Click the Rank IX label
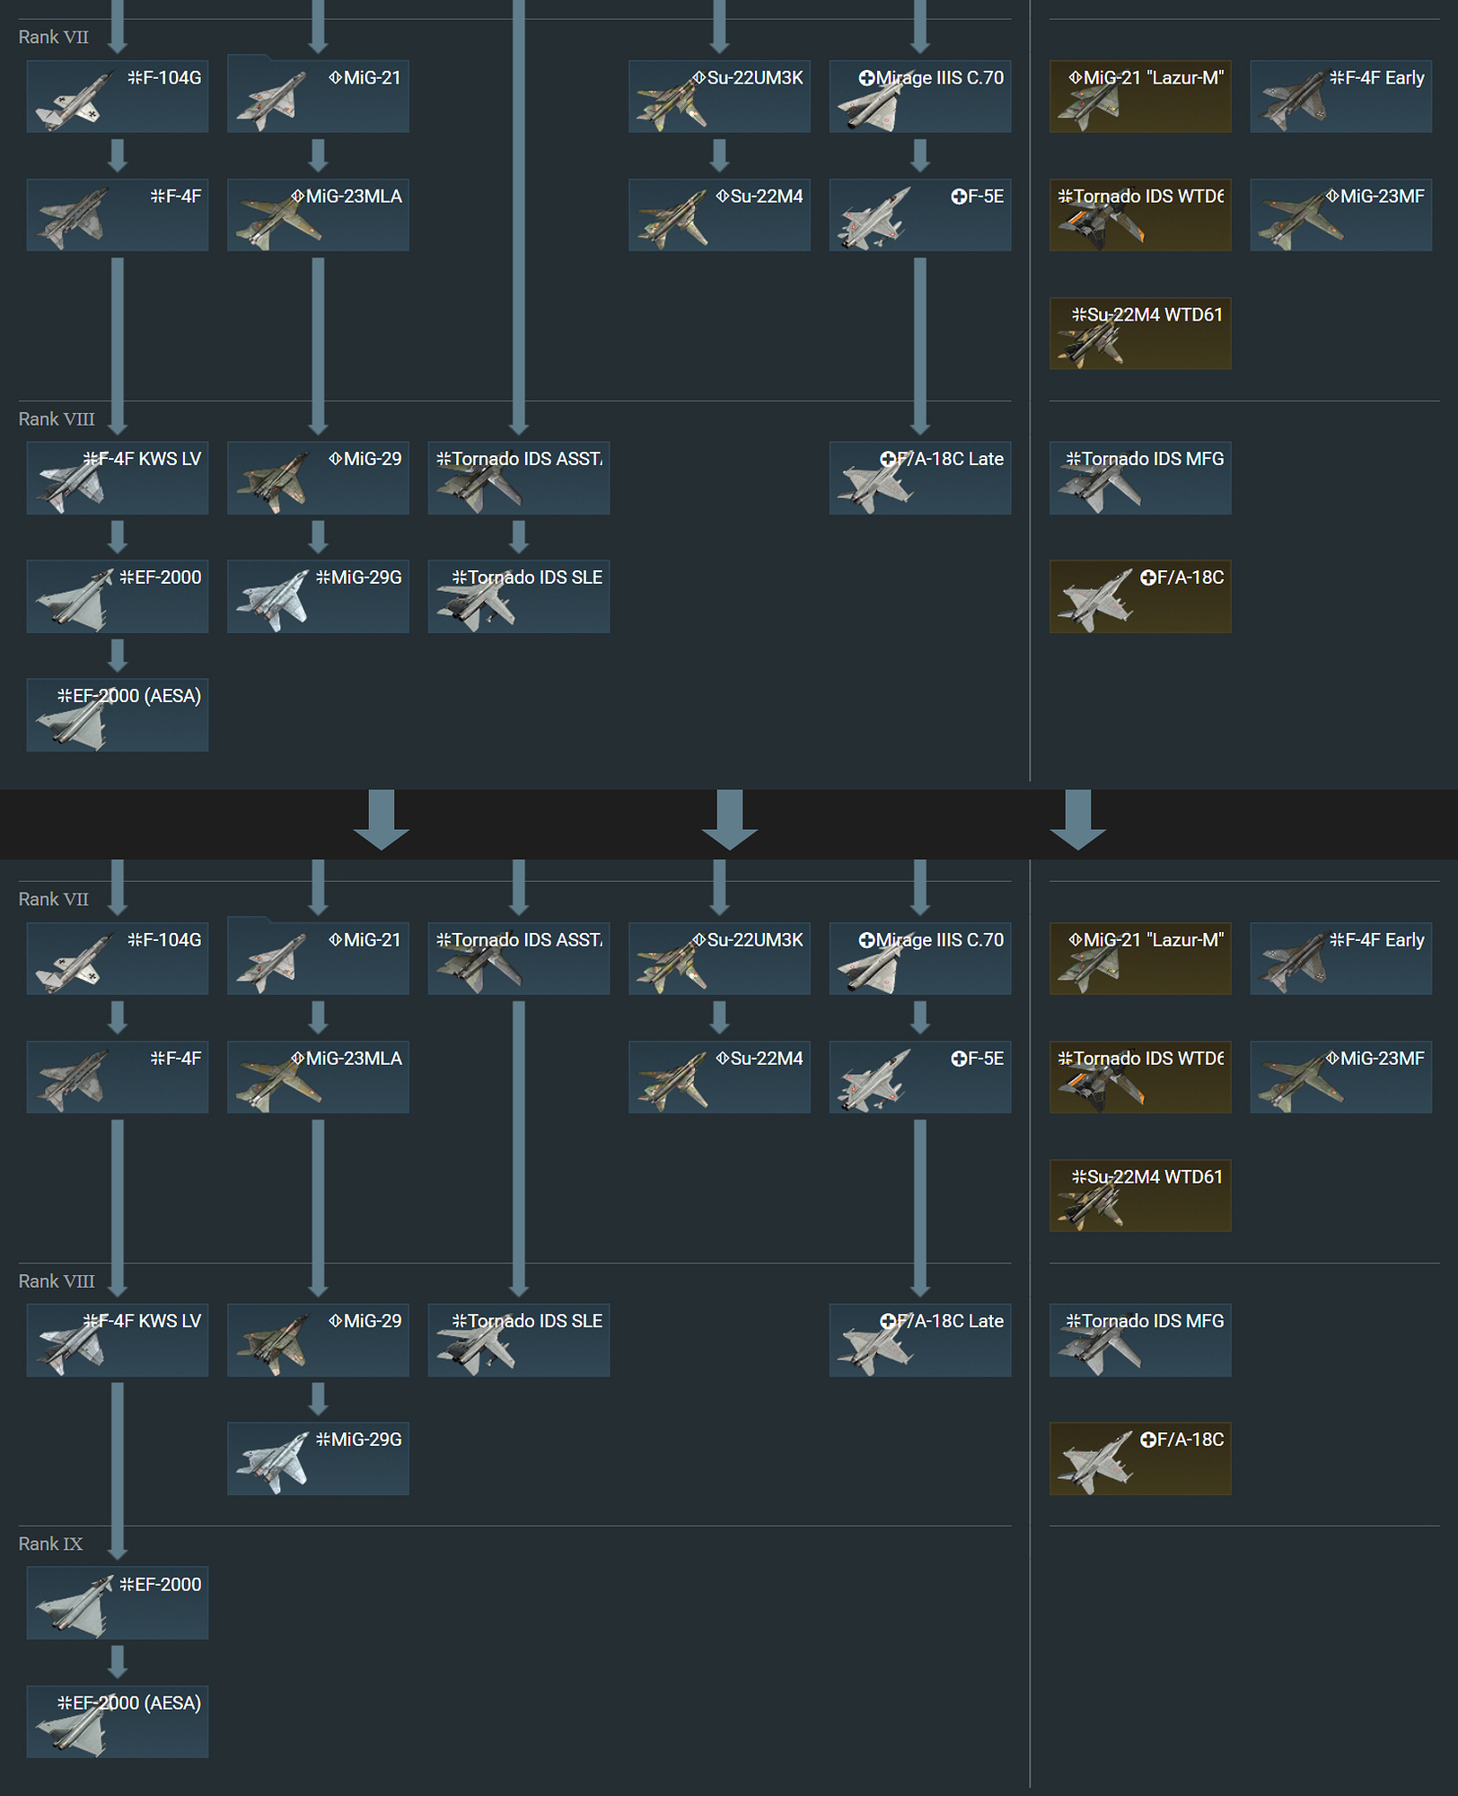point(50,1544)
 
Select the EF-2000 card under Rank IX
point(118,1603)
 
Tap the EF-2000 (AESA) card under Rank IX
point(118,1721)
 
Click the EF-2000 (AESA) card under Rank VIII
point(118,715)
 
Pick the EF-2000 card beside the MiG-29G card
point(118,596)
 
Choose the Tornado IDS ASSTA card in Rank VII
point(519,958)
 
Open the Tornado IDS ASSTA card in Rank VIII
point(519,478)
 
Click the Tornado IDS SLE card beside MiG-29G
point(519,596)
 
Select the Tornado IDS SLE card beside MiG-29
point(519,1340)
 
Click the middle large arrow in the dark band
point(729,819)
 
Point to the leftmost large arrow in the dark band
point(382,819)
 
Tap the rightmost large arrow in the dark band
point(1077,819)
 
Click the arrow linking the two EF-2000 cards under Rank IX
point(118,1661)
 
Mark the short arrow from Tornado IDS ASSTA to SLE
point(519,537)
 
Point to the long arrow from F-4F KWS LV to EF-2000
point(118,1468)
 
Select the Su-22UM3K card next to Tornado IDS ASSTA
point(719,958)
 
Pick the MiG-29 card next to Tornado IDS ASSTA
point(318,478)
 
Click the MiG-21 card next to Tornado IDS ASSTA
point(318,958)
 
